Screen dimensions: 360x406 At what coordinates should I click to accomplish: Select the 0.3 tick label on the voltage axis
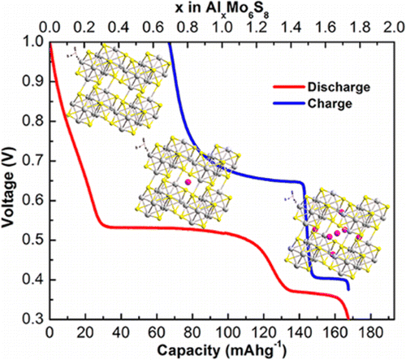click(33, 319)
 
